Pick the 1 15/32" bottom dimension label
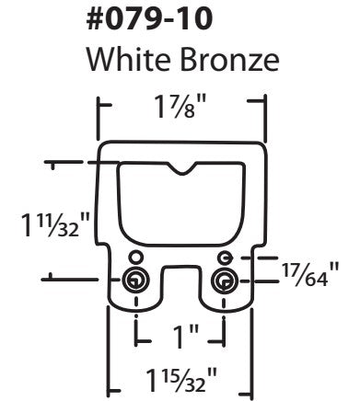point(181,377)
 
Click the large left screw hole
point(134,280)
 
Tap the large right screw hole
point(224,280)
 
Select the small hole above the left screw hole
point(135,257)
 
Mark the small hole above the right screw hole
point(224,257)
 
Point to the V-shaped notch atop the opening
point(181,168)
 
